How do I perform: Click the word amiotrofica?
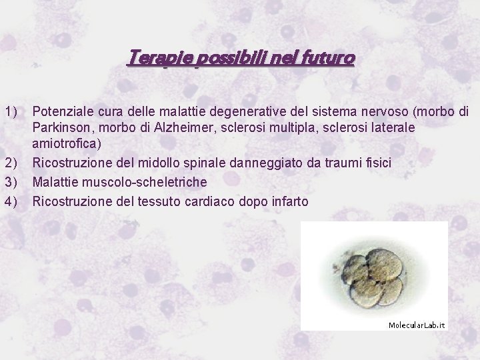(x=65, y=144)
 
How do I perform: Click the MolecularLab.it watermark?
(x=417, y=325)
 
